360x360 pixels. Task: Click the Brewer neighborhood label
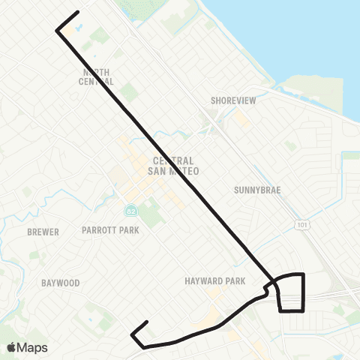click(x=43, y=232)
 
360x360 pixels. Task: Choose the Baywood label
click(x=61, y=283)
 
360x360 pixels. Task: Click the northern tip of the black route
click(x=78, y=12)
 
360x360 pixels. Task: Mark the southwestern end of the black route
click(x=133, y=331)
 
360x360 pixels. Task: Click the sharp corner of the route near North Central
click(x=57, y=30)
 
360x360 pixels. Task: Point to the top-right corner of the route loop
click(x=303, y=274)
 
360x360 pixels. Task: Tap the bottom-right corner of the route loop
click(x=303, y=309)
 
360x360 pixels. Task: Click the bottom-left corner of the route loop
click(x=280, y=309)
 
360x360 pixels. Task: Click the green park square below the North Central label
click(x=129, y=93)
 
